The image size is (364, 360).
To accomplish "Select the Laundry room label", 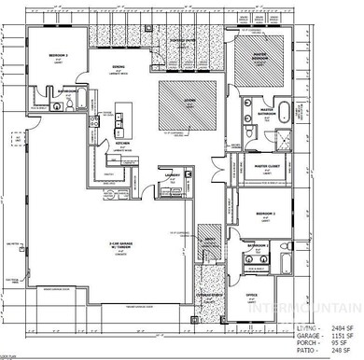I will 173,174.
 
